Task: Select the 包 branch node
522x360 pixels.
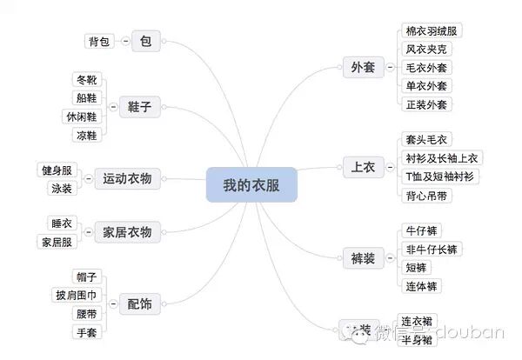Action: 145,41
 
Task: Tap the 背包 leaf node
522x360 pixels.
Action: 99,41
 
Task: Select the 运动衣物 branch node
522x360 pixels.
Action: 127,178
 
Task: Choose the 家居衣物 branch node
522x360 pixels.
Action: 127,232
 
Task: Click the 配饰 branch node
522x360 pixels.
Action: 139,303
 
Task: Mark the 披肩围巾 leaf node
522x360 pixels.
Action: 75,295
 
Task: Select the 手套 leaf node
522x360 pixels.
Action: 86,332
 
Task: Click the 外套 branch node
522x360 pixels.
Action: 362,67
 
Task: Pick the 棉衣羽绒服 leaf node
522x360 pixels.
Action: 431,30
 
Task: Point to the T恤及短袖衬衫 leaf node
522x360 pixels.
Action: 440,177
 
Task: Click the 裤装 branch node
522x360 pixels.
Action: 362,257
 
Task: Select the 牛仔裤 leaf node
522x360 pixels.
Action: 424,230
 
